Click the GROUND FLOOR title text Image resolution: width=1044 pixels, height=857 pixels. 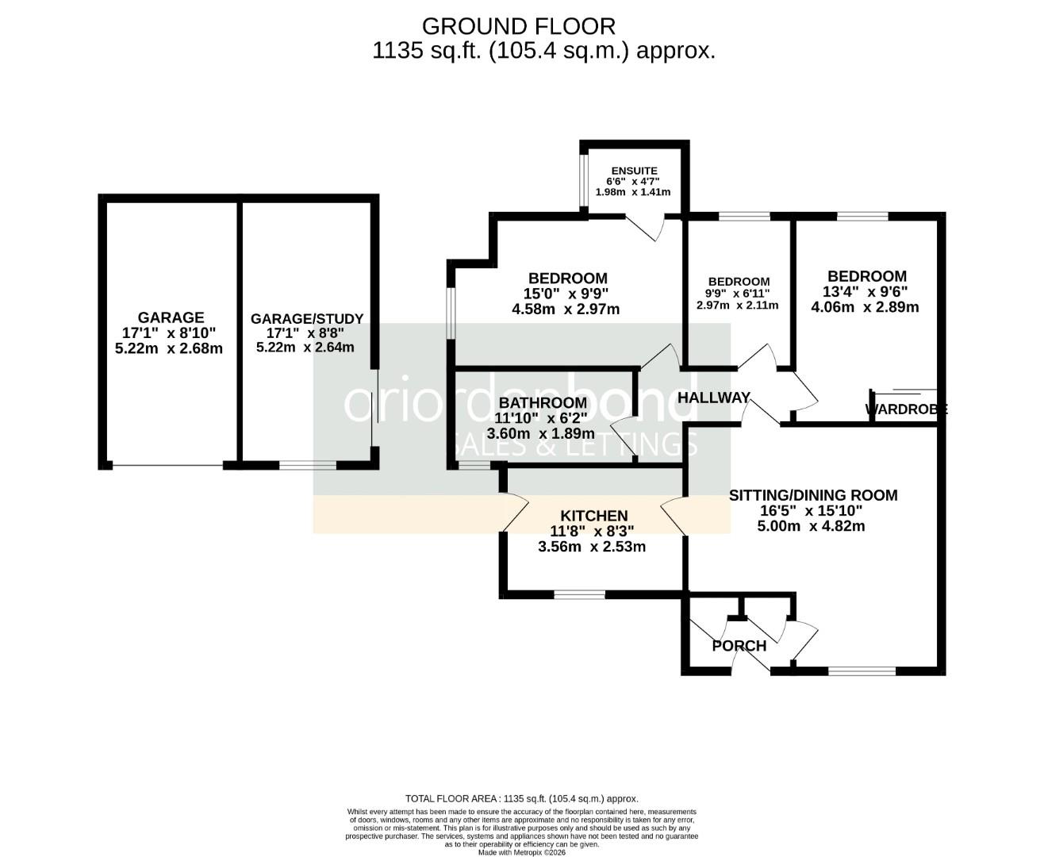(518, 26)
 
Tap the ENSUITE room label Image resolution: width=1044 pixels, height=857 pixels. (634, 171)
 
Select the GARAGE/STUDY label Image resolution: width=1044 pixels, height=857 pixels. (307, 319)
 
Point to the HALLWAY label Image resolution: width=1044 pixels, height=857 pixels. (714, 398)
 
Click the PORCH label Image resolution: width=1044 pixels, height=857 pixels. (739, 646)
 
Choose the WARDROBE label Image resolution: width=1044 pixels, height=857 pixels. (905, 410)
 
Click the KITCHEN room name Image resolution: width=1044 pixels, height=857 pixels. (594, 516)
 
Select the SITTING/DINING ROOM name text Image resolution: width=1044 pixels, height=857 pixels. (813, 495)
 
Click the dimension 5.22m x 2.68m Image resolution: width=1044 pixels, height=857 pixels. (169, 348)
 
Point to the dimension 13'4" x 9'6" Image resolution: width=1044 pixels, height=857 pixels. (866, 291)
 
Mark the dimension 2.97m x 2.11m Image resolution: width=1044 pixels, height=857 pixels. (737, 306)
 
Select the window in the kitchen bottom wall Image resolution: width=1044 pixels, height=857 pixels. (579, 594)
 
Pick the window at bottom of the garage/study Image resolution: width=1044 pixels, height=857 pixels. (313, 466)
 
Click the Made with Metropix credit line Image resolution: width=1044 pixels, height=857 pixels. (522, 852)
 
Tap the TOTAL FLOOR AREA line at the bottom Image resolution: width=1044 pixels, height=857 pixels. (521, 799)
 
